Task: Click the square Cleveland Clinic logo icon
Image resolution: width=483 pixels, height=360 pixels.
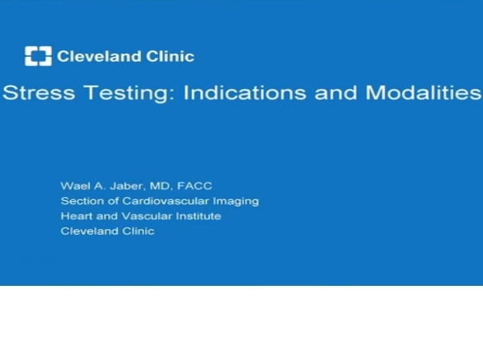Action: click(38, 57)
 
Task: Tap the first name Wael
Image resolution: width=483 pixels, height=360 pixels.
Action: click(73, 186)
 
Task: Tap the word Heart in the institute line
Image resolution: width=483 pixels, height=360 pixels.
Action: click(75, 216)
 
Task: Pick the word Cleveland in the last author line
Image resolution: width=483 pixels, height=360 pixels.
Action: click(87, 231)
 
